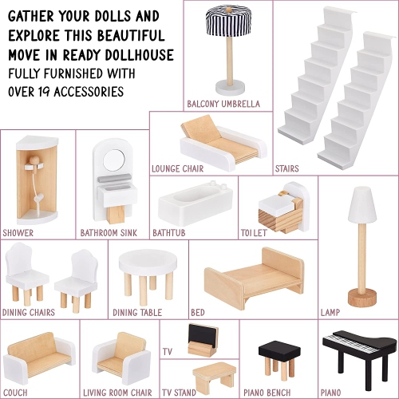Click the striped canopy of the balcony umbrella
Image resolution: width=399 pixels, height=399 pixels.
(x=228, y=21)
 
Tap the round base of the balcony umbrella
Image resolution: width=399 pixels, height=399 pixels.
(x=230, y=88)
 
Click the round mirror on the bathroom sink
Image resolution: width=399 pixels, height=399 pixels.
(x=114, y=160)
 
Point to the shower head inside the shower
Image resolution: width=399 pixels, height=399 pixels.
(x=39, y=197)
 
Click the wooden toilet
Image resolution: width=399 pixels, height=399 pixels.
(x=284, y=207)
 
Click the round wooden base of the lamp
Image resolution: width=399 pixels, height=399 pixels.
(x=362, y=298)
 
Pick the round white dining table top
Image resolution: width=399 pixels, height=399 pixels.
(x=148, y=262)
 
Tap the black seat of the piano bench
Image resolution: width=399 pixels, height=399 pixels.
(x=279, y=350)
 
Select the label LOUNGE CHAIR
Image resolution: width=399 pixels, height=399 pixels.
(x=177, y=168)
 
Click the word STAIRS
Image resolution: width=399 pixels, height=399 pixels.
(x=286, y=168)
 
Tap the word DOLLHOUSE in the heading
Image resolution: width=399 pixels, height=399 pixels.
(x=140, y=55)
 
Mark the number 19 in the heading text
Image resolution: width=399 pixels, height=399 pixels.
(x=44, y=92)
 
